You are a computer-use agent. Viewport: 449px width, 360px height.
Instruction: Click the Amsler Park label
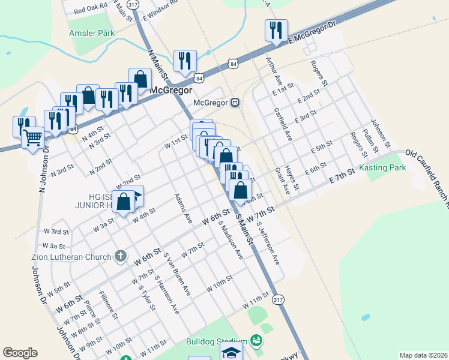[x=91, y=33]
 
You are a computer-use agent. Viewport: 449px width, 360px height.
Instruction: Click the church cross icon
[x=120, y=256]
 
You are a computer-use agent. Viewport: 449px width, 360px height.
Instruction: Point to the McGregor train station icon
[x=236, y=102]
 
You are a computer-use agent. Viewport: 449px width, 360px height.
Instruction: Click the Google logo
[x=20, y=353]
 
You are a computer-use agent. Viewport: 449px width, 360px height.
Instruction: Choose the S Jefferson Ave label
[x=268, y=244]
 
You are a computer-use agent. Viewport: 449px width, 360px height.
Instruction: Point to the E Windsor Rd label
[x=161, y=10]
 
